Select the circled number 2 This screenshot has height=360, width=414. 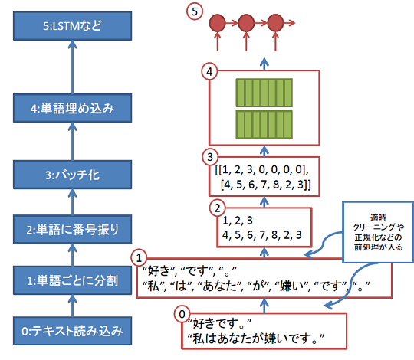(218, 206)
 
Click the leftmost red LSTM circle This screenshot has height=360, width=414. (218, 22)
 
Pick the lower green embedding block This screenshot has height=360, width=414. (264, 124)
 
